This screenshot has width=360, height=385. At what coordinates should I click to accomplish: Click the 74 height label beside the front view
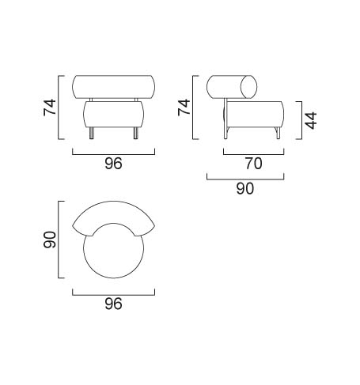(x=50, y=108)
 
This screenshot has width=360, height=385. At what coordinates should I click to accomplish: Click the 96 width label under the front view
(x=113, y=164)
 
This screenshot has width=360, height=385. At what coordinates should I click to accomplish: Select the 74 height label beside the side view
(x=184, y=108)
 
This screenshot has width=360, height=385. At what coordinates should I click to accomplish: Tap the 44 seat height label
(x=311, y=120)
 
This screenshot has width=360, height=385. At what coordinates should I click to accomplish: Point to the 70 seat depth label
(x=254, y=164)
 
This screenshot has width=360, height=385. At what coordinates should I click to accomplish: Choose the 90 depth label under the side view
(x=245, y=188)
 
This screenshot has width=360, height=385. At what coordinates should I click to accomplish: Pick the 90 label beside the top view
(x=50, y=240)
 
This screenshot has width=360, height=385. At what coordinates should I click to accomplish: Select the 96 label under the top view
(x=113, y=304)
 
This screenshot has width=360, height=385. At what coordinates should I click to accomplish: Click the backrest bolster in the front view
(x=113, y=87)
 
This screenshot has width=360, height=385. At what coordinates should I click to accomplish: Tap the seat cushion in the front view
(x=113, y=115)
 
